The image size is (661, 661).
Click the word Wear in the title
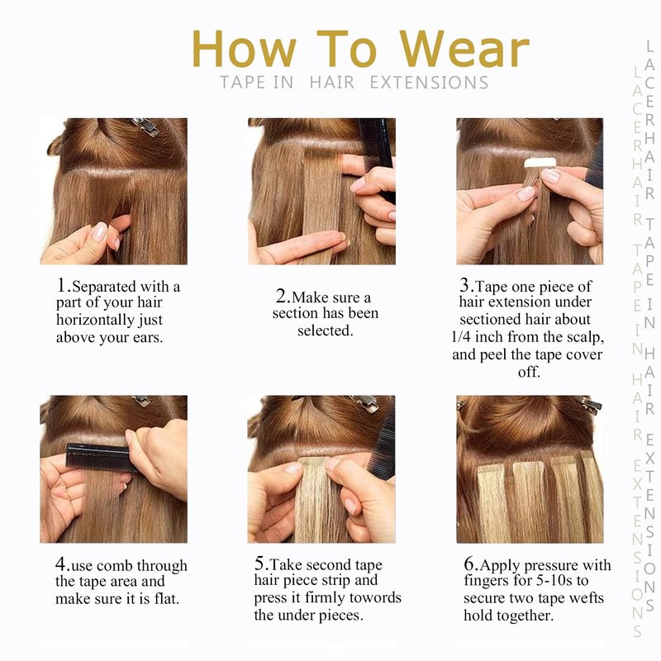(464, 49)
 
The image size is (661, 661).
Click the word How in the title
(245, 49)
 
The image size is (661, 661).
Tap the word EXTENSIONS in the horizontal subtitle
(429, 83)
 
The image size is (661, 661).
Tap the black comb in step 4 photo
(99, 457)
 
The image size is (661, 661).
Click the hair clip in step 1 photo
(145, 126)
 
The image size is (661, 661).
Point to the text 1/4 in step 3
(460, 337)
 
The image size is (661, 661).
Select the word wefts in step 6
(587, 598)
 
